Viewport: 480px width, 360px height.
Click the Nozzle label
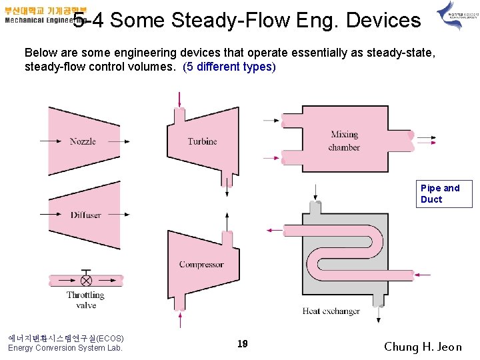(x=83, y=141)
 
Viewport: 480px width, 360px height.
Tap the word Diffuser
(x=85, y=215)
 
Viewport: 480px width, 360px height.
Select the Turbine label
(x=202, y=141)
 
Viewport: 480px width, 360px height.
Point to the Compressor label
(x=201, y=265)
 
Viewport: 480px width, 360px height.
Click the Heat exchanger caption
(x=331, y=311)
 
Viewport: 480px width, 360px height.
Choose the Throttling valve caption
(x=85, y=300)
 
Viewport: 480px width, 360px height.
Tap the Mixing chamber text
(x=344, y=141)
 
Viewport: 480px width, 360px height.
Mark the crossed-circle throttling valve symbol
(x=86, y=280)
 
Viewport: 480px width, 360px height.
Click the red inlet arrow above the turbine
(x=179, y=99)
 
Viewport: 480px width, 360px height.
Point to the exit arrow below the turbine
(x=227, y=188)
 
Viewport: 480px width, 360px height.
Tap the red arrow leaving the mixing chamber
(x=427, y=140)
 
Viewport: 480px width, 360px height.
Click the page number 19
(x=243, y=344)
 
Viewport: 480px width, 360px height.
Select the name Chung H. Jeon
(x=423, y=347)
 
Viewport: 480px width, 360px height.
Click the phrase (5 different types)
(x=229, y=67)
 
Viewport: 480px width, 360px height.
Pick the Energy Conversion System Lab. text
(x=65, y=348)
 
